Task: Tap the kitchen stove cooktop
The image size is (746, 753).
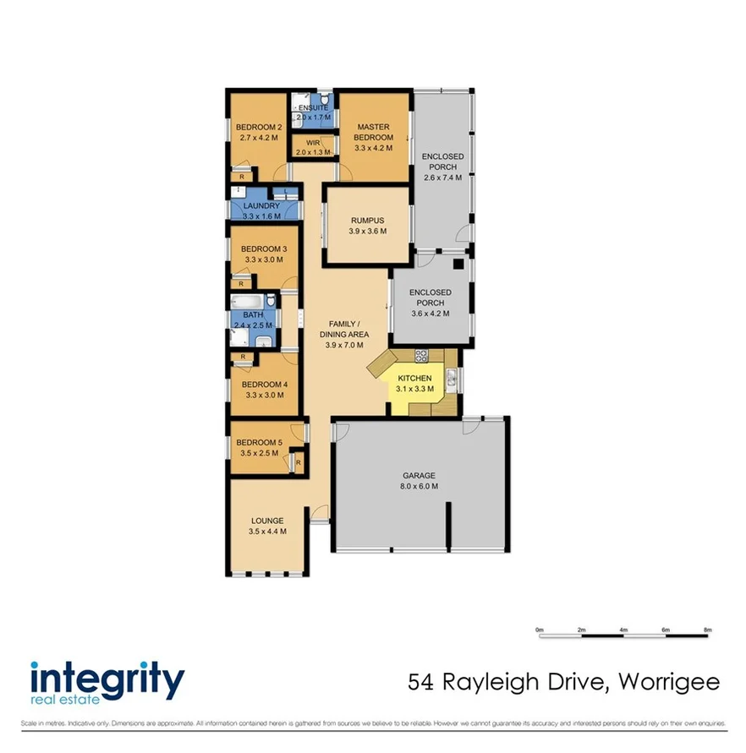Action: (422, 355)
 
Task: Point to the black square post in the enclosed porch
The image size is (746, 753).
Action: (458, 264)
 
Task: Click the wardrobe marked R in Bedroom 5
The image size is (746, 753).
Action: (298, 461)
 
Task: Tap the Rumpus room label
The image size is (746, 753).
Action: (368, 219)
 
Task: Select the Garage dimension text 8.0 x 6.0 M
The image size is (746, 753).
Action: (420, 486)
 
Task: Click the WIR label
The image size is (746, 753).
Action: (313, 143)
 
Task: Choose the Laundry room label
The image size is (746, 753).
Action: (261, 205)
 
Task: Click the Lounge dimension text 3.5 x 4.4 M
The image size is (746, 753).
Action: (267, 532)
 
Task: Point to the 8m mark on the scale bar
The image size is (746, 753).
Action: (708, 630)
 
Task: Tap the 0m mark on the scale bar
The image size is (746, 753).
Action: (539, 630)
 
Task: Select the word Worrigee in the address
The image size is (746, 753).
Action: (670, 681)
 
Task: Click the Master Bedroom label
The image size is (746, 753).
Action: (373, 132)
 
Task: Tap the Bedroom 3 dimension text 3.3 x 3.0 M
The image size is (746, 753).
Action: (263, 260)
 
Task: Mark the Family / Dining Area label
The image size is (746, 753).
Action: (343, 329)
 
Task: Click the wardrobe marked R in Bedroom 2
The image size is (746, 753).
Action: (242, 176)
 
